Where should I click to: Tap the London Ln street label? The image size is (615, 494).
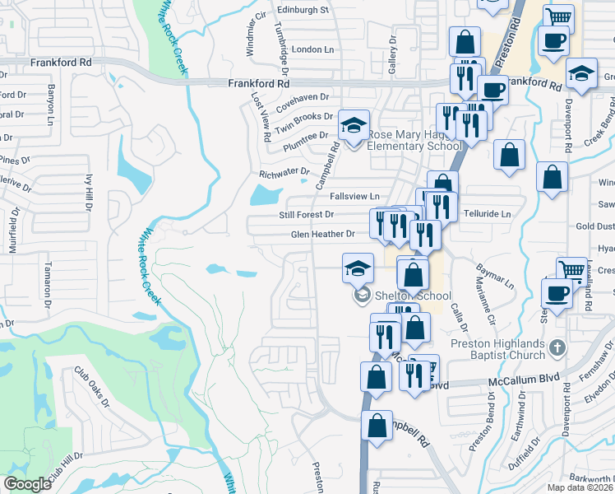pos(312,49)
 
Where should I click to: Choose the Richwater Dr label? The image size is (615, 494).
pos(284,174)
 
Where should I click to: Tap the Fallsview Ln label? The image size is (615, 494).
pos(354,196)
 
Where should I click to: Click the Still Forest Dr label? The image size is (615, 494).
pos(306,215)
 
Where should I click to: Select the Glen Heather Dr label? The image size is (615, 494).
pos(322,234)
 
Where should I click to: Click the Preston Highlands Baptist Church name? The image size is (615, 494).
pos(497,349)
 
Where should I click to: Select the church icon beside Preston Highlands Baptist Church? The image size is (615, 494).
pos(557,347)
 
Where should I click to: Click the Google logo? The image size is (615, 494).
pos(27,484)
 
